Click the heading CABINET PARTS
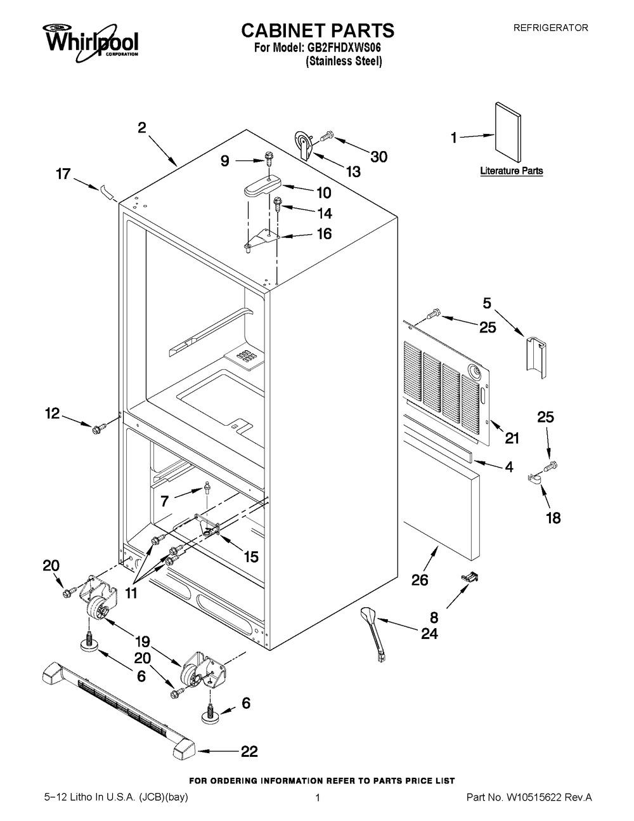click(x=318, y=30)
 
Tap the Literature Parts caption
click(x=511, y=171)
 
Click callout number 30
click(x=378, y=156)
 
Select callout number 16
click(x=323, y=233)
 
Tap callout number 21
click(x=511, y=437)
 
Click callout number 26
click(x=420, y=579)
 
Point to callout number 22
click(x=249, y=752)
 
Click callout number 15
click(x=250, y=556)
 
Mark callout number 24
click(x=429, y=633)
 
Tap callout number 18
click(x=553, y=518)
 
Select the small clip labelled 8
click(x=469, y=576)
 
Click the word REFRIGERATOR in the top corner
click(x=550, y=28)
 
